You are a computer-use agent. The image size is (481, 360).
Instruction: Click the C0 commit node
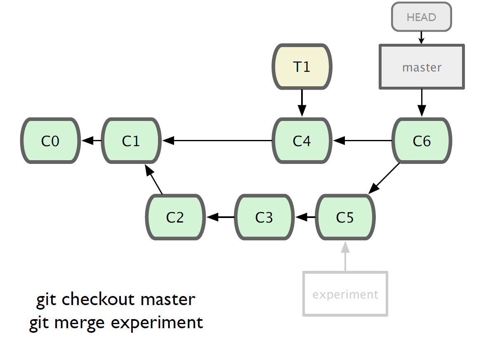(x=50, y=140)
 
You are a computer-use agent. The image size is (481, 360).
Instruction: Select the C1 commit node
(x=131, y=140)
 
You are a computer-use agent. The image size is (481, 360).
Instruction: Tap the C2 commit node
(x=175, y=217)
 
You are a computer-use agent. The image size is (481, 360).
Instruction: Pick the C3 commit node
(x=264, y=217)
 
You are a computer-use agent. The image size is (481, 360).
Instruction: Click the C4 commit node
(x=302, y=140)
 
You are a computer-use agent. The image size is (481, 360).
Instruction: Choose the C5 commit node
(x=345, y=217)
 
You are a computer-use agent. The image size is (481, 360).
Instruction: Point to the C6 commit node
(x=422, y=140)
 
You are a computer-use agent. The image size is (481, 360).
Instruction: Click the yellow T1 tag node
(x=302, y=66)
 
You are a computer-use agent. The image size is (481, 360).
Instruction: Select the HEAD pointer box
(x=422, y=17)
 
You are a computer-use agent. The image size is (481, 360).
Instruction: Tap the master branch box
(x=422, y=67)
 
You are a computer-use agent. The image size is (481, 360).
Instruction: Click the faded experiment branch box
(x=345, y=294)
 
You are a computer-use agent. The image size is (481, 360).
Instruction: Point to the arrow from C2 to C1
(x=153, y=179)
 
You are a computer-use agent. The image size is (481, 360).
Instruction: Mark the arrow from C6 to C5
(x=384, y=178)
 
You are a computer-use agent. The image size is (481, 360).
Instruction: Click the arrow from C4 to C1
(x=217, y=140)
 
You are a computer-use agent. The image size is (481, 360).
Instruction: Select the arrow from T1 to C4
(x=302, y=103)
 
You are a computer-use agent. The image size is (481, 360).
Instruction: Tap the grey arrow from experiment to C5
(x=345, y=256)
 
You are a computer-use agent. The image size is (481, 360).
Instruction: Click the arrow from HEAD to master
(x=422, y=38)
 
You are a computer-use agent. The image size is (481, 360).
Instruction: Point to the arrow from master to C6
(x=422, y=103)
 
